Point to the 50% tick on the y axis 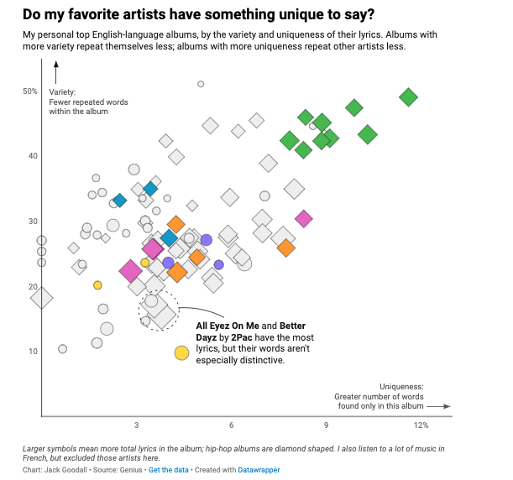click(x=30, y=91)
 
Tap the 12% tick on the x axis click(x=421, y=425)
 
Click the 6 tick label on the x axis click(x=231, y=425)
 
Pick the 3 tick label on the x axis click(x=136, y=425)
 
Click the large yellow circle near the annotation click(x=181, y=353)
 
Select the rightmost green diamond click(x=408, y=97)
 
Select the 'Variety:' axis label click(x=63, y=91)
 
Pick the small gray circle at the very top click(x=201, y=84)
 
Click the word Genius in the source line click(x=130, y=470)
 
